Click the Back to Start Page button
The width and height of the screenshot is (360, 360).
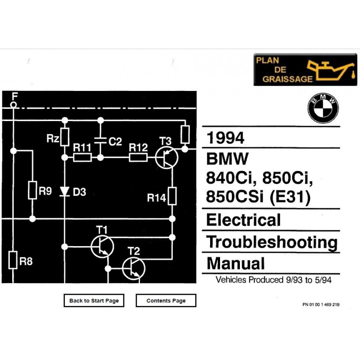(x=94, y=300)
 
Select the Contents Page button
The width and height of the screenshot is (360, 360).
(x=166, y=300)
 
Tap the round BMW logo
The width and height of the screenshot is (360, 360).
(x=323, y=108)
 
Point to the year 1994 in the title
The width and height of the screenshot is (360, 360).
(x=225, y=138)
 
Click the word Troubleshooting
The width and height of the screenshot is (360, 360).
(x=272, y=242)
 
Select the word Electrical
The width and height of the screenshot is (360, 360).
(x=243, y=220)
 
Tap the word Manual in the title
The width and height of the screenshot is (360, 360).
(x=235, y=263)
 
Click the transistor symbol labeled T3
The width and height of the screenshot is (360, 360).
(x=166, y=158)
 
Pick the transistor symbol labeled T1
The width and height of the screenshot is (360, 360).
(x=102, y=247)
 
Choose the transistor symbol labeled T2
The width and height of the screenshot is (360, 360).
(x=134, y=268)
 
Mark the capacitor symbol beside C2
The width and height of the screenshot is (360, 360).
(x=100, y=140)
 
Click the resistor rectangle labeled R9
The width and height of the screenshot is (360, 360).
(x=32, y=190)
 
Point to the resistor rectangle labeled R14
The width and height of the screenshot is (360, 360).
(x=172, y=196)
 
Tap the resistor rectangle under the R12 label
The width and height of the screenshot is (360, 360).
(x=138, y=157)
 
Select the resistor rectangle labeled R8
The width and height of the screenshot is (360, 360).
(x=13, y=260)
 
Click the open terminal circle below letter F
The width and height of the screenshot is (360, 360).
(x=13, y=105)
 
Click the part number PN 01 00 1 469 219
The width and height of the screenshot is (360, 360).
(x=321, y=305)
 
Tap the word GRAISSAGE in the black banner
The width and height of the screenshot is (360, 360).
(x=288, y=79)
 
